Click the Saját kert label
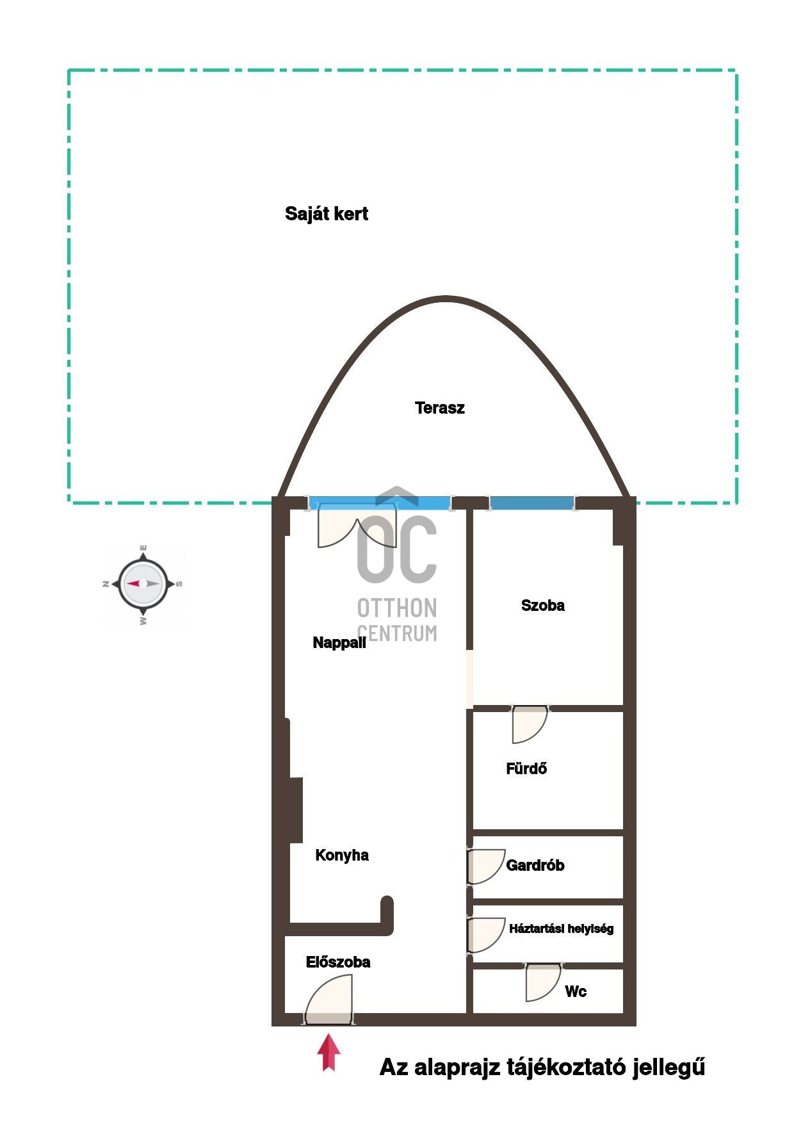click(x=327, y=214)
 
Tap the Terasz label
click(x=440, y=408)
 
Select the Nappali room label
click(x=339, y=642)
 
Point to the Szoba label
click(x=543, y=605)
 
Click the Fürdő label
click(x=526, y=768)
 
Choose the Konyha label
click(x=342, y=855)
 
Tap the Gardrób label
click(x=535, y=866)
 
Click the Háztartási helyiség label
click(x=561, y=928)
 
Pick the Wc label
click(x=576, y=992)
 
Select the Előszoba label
click(x=338, y=962)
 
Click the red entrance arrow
click(x=328, y=1052)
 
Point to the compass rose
click(x=143, y=584)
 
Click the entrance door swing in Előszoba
click(x=328, y=1000)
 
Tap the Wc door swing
click(x=543, y=982)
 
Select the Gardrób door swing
click(x=486, y=867)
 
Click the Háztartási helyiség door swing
click(x=486, y=936)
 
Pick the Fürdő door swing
click(x=530, y=724)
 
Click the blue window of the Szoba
click(x=531, y=503)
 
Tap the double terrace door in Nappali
click(x=357, y=526)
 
